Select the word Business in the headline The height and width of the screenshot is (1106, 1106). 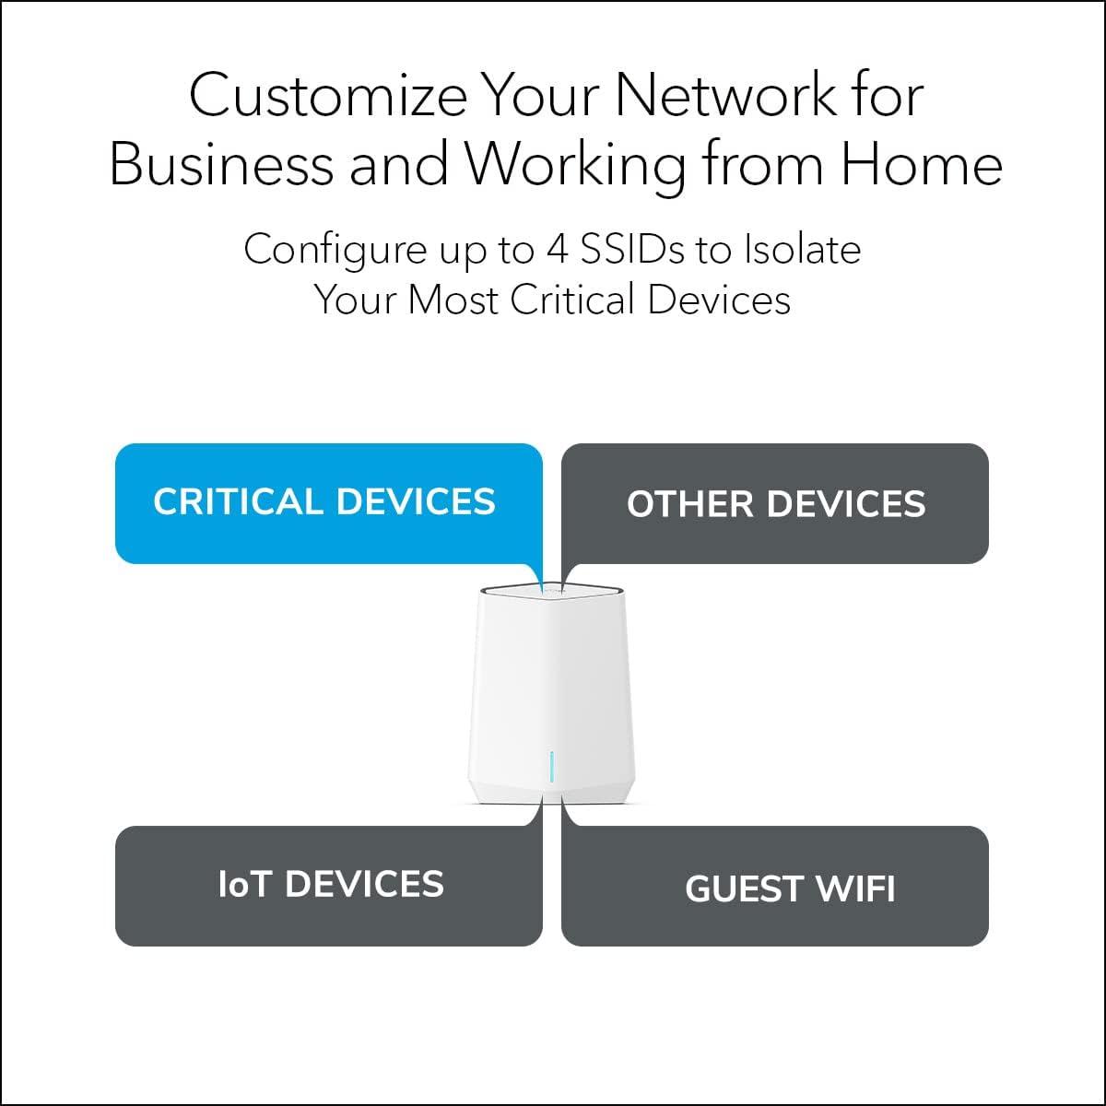221,165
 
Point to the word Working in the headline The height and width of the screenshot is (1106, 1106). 574,167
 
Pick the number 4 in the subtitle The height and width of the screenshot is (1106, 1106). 558,250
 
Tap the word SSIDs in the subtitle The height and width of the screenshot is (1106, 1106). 632,250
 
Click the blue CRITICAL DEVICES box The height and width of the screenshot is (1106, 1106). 328,503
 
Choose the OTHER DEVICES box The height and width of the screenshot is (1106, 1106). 775,503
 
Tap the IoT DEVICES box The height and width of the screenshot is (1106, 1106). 328,886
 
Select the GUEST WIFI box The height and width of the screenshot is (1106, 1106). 775,886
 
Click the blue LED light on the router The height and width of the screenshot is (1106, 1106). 551,766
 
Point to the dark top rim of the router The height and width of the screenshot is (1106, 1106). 551,590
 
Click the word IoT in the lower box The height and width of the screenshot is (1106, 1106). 244,885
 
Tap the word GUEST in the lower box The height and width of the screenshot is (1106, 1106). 733,889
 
